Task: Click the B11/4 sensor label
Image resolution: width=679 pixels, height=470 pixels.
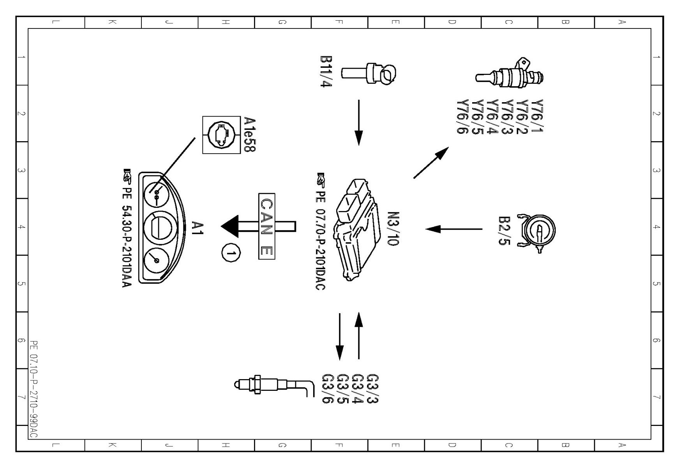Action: click(x=326, y=72)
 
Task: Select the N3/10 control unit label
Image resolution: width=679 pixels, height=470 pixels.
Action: click(x=393, y=229)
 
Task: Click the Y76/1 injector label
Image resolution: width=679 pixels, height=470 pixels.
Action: click(x=537, y=116)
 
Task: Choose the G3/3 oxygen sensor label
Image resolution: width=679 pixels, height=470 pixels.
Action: click(x=373, y=388)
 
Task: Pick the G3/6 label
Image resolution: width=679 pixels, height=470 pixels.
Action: click(x=328, y=388)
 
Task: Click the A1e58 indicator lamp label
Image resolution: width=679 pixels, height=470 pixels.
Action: click(x=249, y=134)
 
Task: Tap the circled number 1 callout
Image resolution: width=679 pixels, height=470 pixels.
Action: click(x=231, y=254)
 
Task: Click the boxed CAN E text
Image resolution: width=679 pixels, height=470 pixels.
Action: click(x=267, y=226)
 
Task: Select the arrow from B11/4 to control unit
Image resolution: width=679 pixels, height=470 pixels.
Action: click(x=359, y=122)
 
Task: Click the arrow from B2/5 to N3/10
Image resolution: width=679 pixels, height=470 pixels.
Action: click(x=454, y=229)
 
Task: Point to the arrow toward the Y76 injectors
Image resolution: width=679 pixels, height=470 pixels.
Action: click(x=431, y=163)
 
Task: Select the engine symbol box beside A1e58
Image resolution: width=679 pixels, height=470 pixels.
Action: click(x=221, y=135)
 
